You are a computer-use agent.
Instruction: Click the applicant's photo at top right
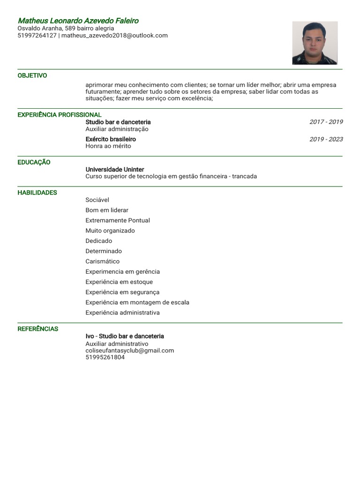[315, 43]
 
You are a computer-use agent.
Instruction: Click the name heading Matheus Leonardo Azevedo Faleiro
[78, 21]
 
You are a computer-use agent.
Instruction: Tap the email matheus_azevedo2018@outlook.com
[114, 35]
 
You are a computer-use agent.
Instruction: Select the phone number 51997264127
[37, 35]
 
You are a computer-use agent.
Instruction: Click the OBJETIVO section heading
[32, 75]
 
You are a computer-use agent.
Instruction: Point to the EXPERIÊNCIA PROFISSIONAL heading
[60, 115]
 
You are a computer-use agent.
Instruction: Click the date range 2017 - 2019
[326, 122]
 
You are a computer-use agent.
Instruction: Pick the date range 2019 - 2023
[326, 139]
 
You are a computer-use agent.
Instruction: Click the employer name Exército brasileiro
[111, 139]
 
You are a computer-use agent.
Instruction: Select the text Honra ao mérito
[108, 146]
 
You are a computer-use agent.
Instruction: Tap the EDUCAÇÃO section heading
[34, 162]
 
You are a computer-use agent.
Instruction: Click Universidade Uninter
[115, 169]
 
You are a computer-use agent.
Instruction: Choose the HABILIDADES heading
[37, 193]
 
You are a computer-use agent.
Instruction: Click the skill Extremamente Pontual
[118, 220]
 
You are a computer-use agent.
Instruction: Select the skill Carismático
[103, 262]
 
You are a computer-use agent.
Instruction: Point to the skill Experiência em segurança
[122, 292]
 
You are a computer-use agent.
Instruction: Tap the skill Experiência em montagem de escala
[137, 302]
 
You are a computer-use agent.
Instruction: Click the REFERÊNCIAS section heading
[38, 329]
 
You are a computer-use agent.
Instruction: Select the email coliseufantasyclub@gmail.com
[130, 351]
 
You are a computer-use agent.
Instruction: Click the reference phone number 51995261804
[105, 357]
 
